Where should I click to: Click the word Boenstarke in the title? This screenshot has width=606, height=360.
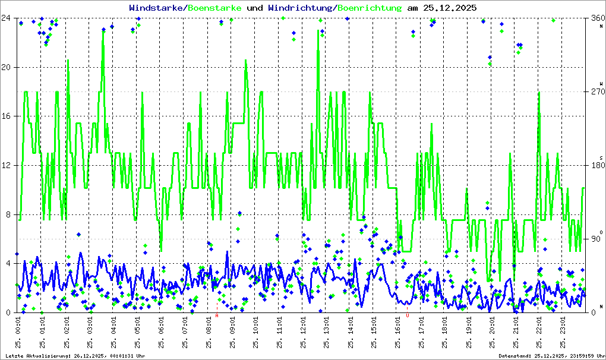(x=214, y=8)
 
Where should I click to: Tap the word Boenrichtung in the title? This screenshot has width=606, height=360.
(x=370, y=8)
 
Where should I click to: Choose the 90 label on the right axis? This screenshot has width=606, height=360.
(x=595, y=239)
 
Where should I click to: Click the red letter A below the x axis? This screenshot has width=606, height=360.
(x=217, y=316)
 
